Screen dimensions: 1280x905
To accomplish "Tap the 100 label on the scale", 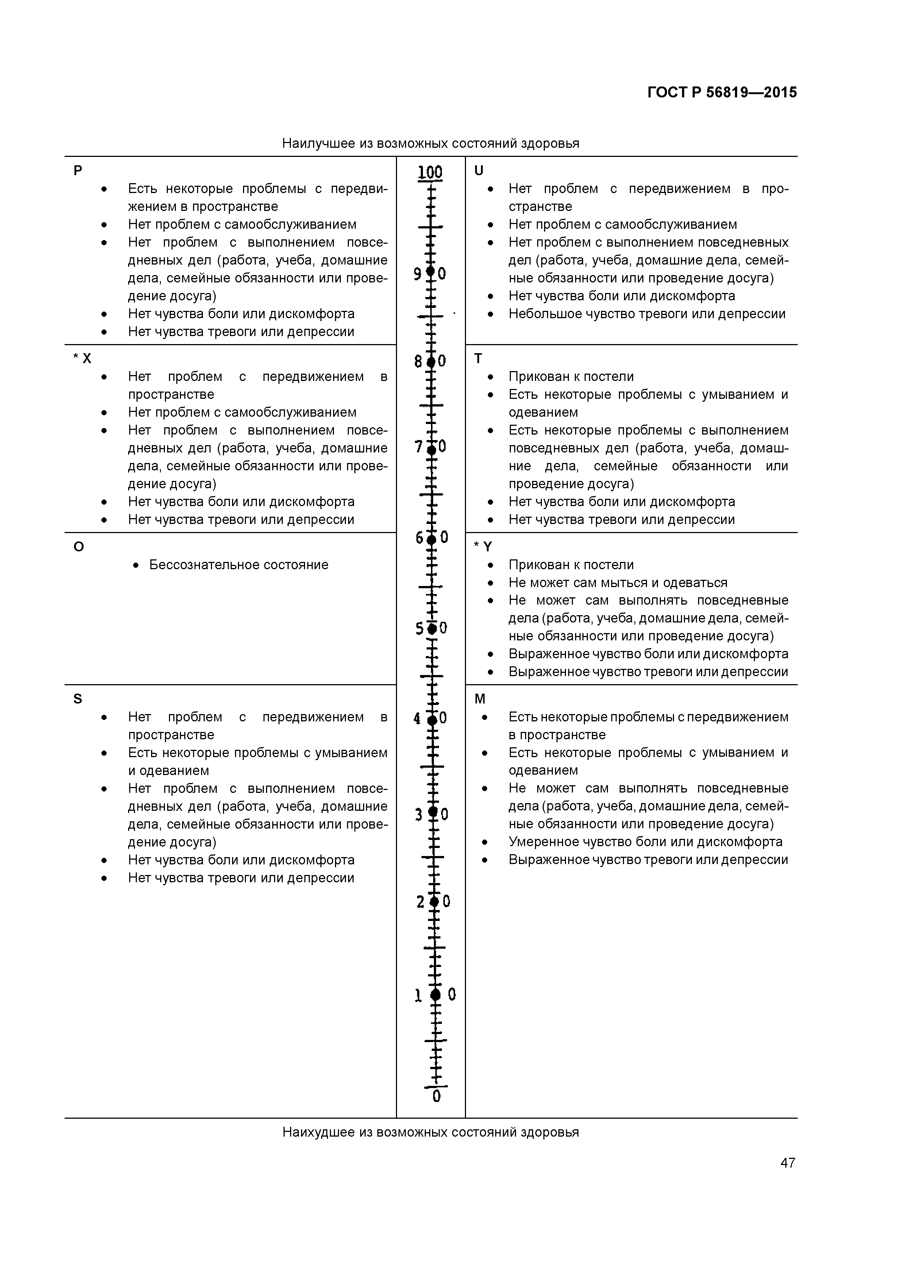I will (430, 172).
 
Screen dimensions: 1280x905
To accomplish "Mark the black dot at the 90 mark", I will (430, 272).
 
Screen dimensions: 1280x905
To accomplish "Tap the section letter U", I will (478, 171).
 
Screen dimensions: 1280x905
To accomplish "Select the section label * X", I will (82, 358).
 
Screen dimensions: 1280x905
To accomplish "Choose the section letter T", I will (478, 358).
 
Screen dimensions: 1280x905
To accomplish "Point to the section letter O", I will (78, 547).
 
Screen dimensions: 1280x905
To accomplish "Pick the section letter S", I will (77, 699).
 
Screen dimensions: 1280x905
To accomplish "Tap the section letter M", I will (480, 699).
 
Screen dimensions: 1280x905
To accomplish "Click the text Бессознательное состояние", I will (239, 565).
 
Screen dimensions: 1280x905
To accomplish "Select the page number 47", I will (787, 1163).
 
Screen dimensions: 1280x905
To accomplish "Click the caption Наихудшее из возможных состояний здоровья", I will (431, 1132).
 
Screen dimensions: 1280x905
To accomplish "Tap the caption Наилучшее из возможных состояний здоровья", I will (431, 143).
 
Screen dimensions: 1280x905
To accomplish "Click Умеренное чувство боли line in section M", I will (645, 842).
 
